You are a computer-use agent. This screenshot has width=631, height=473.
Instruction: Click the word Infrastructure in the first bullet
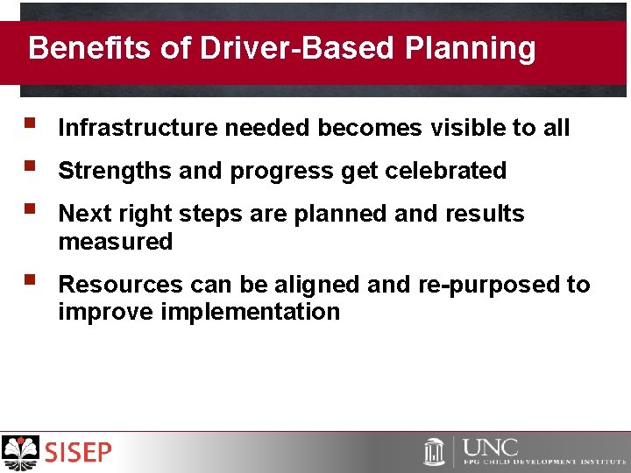(x=138, y=128)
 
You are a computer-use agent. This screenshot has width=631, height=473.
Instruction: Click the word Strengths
(x=115, y=171)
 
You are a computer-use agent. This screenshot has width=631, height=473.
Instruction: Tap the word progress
(x=282, y=172)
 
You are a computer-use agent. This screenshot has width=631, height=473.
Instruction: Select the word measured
(x=116, y=242)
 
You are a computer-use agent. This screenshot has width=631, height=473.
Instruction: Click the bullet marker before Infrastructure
(x=31, y=125)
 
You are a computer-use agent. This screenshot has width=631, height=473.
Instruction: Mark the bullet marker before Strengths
(x=31, y=168)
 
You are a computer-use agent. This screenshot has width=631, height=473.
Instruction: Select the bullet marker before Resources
(x=31, y=282)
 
